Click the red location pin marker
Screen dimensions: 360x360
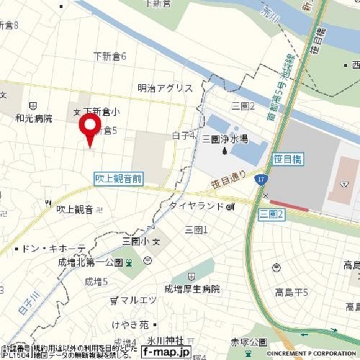(90, 127)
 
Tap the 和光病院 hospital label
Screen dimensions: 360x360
(34, 119)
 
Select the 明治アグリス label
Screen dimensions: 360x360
(165, 88)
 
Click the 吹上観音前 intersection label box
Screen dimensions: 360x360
(118, 179)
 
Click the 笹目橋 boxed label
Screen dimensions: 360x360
(287, 160)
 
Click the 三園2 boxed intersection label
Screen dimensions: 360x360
(272, 214)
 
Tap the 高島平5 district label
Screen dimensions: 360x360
(291, 292)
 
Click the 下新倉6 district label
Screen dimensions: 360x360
(110, 56)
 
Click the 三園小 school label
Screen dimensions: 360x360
(137, 241)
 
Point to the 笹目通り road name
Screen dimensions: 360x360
(228, 178)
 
